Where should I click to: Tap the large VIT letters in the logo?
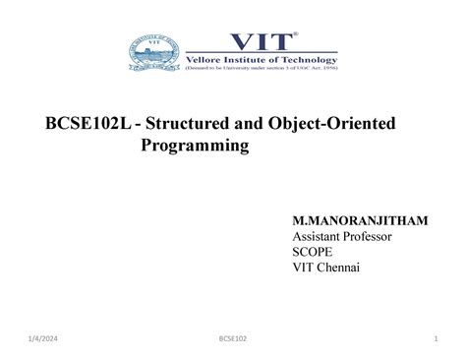coord(259,40)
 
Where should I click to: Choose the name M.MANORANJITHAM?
coord(360,221)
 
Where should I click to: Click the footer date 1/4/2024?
coord(45,341)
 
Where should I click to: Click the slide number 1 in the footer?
coord(434,341)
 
